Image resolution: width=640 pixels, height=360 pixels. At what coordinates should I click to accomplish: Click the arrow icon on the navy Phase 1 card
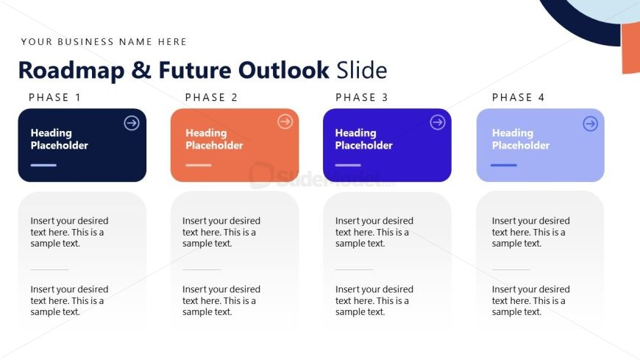[132, 123]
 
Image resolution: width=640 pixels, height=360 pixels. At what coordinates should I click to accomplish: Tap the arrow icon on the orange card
[285, 121]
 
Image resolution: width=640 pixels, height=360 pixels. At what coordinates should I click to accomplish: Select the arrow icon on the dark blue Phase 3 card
[438, 121]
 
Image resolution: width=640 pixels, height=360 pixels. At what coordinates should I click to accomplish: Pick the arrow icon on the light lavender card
[590, 124]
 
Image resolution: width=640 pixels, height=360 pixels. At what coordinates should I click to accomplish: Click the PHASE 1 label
[55, 97]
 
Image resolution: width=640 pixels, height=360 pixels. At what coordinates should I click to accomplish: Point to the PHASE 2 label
[211, 97]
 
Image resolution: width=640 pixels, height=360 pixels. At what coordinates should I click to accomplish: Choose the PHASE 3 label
[362, 97]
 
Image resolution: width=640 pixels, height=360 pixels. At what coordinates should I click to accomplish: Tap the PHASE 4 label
[519, 97]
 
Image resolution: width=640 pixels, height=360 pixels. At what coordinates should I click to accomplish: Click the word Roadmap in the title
[71, 71]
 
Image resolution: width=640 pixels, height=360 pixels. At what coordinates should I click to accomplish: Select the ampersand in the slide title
[141, 70]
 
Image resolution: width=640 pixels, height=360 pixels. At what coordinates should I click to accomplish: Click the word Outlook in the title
[284, 70]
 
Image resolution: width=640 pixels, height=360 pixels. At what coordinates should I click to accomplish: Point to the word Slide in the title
[362, 70]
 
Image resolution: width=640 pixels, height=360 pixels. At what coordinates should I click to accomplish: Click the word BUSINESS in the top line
[86, 42]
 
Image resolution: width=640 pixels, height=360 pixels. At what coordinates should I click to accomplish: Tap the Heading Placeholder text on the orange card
[214, 139]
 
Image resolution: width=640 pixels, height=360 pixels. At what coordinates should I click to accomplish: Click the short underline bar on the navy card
[43, 165]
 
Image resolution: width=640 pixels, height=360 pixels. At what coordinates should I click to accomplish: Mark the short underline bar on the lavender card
[504, 165]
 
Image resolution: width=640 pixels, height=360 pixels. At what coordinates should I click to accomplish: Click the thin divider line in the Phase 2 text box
[202, 269]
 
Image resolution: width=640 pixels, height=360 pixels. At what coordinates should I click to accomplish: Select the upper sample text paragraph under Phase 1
[69, 232]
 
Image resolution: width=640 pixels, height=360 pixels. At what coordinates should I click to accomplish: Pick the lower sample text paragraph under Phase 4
[530, 301]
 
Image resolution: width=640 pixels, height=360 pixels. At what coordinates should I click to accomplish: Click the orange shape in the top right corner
[631, 48]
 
